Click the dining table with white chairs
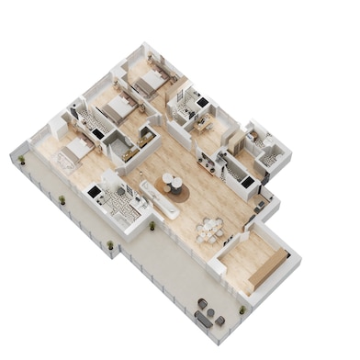(x=212, y=227)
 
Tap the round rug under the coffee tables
(x=174, y=188)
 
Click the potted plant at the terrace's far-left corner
(x=21, y=160)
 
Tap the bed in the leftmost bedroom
(x=77, y=147)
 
